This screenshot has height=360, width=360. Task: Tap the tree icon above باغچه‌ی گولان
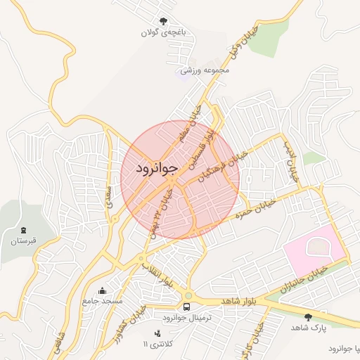[164, 21]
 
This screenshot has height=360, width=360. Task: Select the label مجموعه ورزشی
[205, 70]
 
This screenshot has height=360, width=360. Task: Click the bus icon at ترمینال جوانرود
[187, 307]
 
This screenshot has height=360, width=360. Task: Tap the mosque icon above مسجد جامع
[103, 291]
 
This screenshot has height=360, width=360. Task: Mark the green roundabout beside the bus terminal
[188, 295]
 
